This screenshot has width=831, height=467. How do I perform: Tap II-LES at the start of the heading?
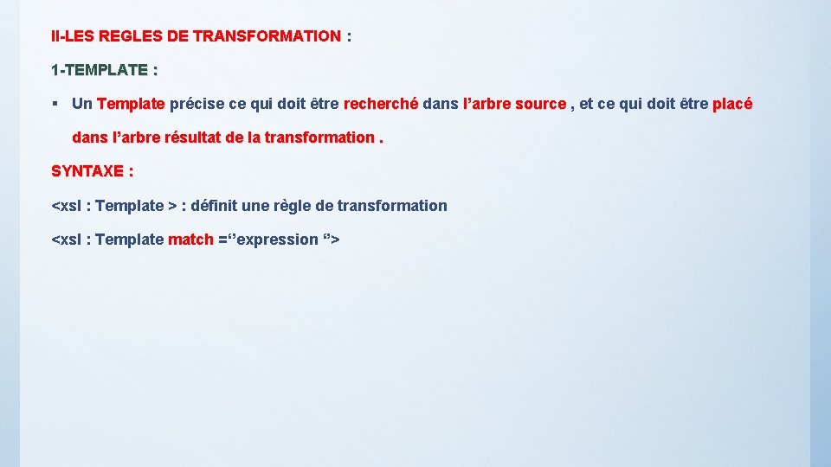tap(73, 36)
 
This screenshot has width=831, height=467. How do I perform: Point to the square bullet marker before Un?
tap(55, 104)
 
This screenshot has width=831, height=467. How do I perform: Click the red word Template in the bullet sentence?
tap(131, 104)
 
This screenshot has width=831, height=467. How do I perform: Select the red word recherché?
tap(381, 104)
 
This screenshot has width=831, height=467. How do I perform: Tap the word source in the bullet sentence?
tap(540, 104)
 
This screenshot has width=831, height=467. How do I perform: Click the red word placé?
tap(732, 104)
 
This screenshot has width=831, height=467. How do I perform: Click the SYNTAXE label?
tap(92, 171)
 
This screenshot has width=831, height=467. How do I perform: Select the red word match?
tap(190, 240)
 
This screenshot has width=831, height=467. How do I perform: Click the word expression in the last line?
tap(277, 240)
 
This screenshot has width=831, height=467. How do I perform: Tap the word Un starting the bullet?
tap(82, 104)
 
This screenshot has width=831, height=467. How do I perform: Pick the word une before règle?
tap(261, 206)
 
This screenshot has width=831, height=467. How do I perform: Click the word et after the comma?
tap(586, 104)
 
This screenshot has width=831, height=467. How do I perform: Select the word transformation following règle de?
tap(392, 206)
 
